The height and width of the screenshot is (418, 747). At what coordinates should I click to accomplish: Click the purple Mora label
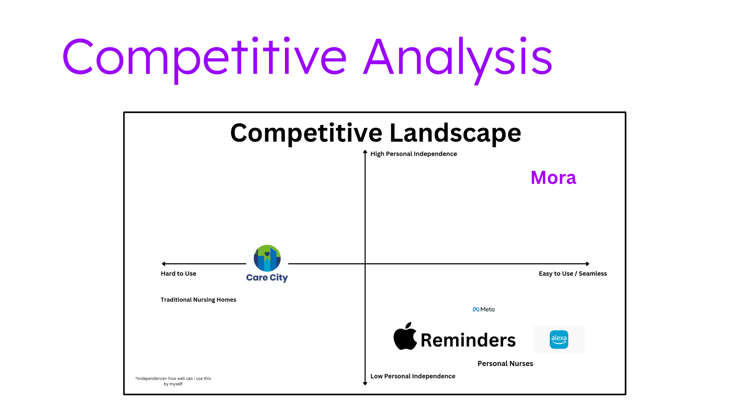pyautogui.click(x=553, y=177)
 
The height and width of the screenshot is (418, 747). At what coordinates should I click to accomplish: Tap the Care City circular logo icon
pyautogui.click(x=267, y=258)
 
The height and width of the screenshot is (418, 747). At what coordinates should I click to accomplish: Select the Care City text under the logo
pyautogui.click(x=267, y=278)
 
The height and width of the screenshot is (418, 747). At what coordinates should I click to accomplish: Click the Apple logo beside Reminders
pyautogui.click(x=405, y=336)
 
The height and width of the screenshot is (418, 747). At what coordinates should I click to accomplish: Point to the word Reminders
pyautogui.click(x=468, y=340)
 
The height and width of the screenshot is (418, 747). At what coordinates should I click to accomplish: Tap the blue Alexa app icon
pyautogui.click(x=559, y=339)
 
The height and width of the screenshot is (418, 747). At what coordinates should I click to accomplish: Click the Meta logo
pyautogui.click(x=484, y=309)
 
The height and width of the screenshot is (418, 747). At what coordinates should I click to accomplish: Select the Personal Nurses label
pyautogui.click(x=505, y=363)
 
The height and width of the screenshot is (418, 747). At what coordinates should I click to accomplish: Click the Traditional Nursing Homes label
pyautogui.click(x=198, y=299)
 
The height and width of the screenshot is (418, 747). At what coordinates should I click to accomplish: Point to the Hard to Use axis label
pyautogui.click(x=178, y=273)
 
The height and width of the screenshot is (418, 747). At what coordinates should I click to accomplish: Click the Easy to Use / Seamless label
pyautogui.click(x=573, y=273)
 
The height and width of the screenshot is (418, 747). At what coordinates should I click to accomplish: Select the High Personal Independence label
pyautogui.click(x=413, y=154)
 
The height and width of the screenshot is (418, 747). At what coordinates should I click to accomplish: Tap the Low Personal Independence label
pyautogui.click(x=413, y=376)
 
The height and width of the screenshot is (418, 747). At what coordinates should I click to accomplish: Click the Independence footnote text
pyautogui.click(x=173, y=381)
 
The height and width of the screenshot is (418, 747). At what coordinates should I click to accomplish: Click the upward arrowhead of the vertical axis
pyautogui.click(x=365, y=152)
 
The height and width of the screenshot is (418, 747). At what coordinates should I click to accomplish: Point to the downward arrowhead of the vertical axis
pyautogui.click(x=365, y=383)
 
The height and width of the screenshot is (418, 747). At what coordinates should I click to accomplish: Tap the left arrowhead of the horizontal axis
pyautogui.click(x=164, y=264)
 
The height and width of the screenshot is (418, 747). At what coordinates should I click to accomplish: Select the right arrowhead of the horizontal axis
pyautogui.click(x=588, y=264)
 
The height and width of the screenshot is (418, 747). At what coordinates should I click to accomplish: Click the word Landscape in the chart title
pyautogui.click(x=455, y=133)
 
